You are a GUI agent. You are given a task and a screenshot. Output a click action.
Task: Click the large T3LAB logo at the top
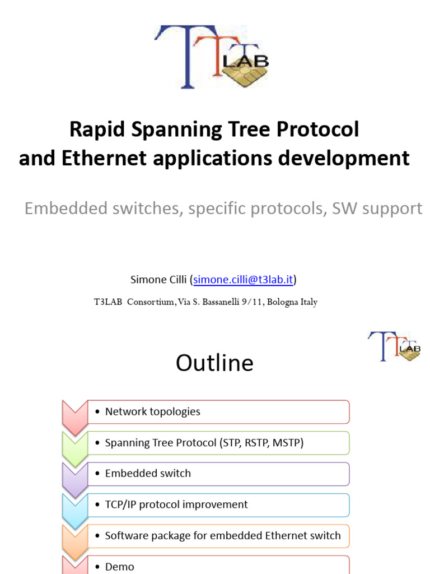pyautogui.click(x=211, y=57)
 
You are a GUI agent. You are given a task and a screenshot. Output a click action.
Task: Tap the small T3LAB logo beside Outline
pyautogui.click(x=394, y=346)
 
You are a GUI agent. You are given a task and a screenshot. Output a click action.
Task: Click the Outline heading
pyautogui.click(x=214, y=363)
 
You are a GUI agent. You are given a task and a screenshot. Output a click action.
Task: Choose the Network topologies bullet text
pyautogui.click(x=152, y=411)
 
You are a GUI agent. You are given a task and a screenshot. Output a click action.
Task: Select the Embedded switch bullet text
pyautogui.click(x=148, y=474)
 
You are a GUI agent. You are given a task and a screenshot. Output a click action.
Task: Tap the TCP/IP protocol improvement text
pyautogui.click(x=176, y=504)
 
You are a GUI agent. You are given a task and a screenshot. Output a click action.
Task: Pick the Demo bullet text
pyautogui.click(x=120, y=567)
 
